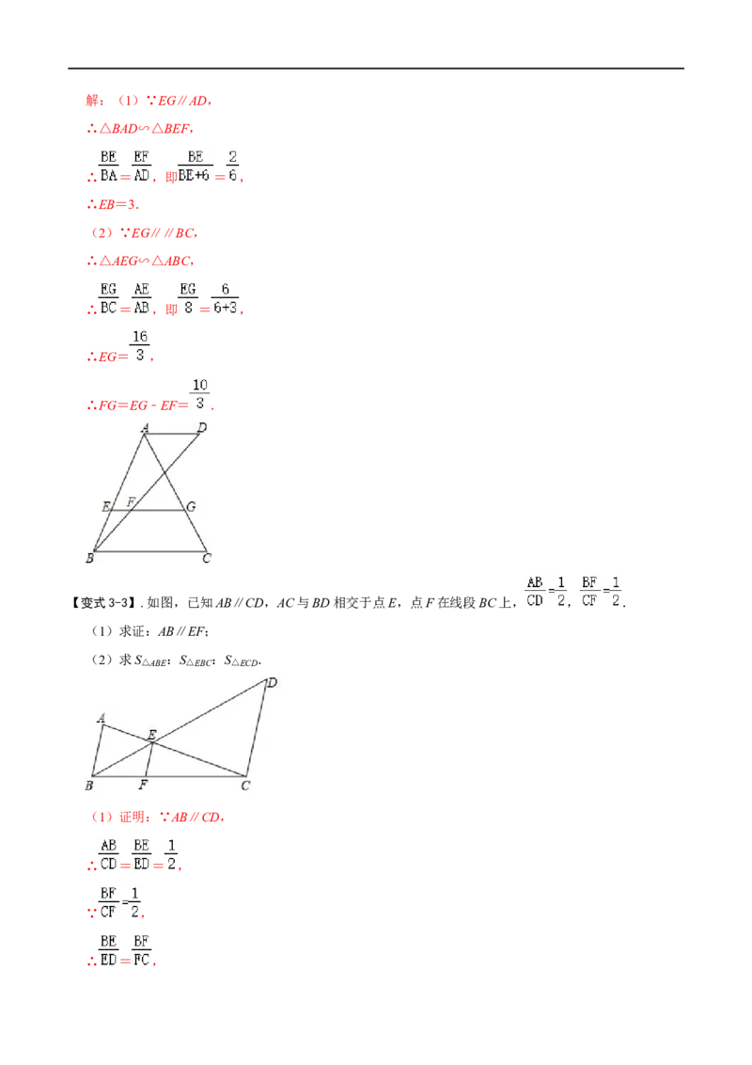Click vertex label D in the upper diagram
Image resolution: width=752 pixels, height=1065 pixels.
[201, 427]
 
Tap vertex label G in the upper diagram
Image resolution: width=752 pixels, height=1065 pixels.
[192, 507]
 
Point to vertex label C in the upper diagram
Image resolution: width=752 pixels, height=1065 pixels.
[206, 558]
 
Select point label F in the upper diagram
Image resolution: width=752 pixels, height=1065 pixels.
[131, 502]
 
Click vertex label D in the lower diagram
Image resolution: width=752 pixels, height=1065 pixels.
[273, 683]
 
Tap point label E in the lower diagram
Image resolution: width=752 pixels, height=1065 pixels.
[152, 734]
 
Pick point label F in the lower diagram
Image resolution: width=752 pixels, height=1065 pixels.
[143, 786]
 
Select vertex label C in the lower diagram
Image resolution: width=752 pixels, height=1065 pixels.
[245, 786]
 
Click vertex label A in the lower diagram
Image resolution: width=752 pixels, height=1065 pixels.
[102, 718]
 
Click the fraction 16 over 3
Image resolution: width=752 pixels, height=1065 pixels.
[140, 345]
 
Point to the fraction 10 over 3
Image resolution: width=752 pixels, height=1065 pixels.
[199, 394]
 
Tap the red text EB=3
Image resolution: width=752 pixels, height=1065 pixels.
[113, 204]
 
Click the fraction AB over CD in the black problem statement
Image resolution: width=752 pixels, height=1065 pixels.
[535, 592]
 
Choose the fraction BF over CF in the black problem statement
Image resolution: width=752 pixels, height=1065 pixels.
[589, 592]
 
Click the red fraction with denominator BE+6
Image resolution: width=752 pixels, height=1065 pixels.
[195, 167]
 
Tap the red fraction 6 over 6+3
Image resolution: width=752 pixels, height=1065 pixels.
[226, 299]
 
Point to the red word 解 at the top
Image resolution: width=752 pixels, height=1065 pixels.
[93, 101]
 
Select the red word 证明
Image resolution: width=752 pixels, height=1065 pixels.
[133, 817]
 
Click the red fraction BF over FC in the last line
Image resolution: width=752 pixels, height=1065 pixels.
[141, 951]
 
